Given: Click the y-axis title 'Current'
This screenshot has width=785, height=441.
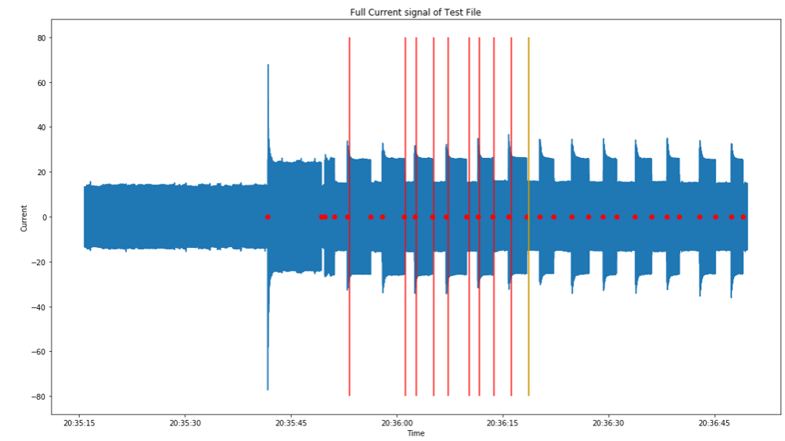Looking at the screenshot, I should click(24, 217).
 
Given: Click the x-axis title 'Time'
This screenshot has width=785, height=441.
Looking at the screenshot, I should click(416, 433).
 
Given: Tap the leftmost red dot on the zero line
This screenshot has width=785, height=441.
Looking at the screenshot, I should click(268, 217).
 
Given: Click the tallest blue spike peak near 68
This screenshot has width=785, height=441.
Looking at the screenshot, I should click(268, 66).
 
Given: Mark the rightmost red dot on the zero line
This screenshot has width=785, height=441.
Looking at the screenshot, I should click(743, 217).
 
